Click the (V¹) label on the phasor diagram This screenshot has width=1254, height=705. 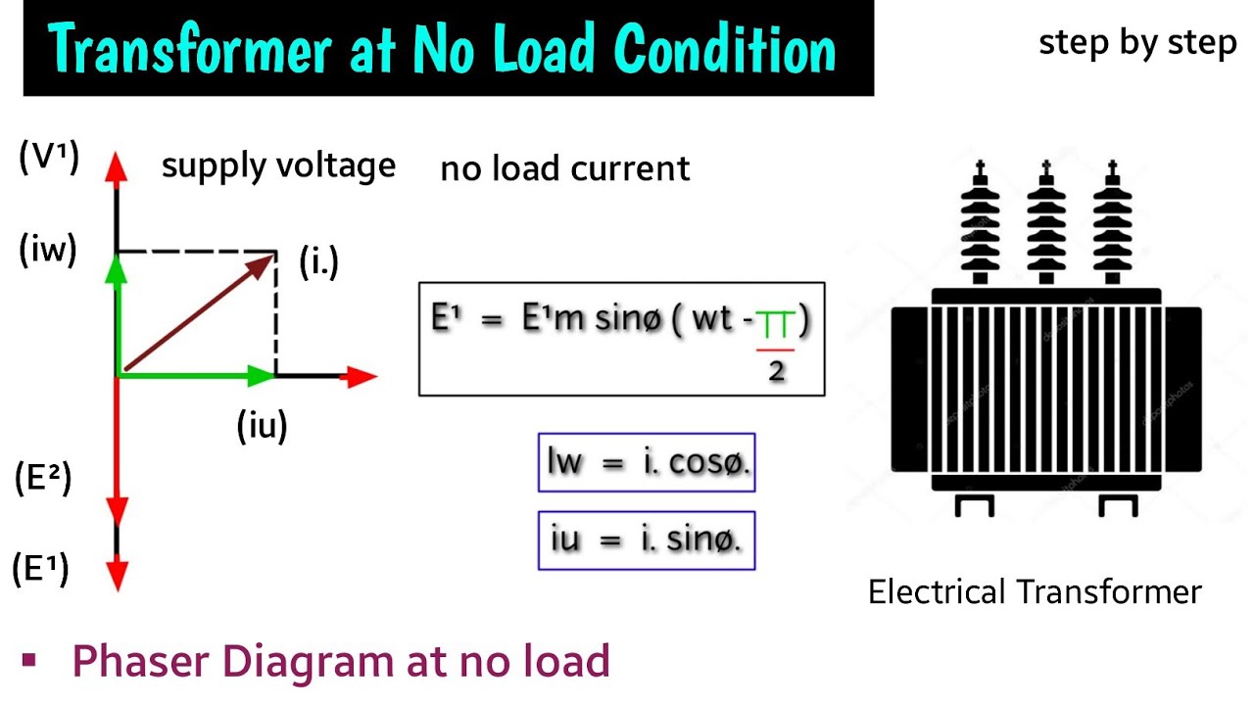(48, 158)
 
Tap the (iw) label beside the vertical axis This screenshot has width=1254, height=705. (48, 252)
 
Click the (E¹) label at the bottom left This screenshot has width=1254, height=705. (41, 568)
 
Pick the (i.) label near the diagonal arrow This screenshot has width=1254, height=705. (318, 262)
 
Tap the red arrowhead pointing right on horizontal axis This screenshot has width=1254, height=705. (362, 376)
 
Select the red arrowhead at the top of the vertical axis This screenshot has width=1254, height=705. (117, 165)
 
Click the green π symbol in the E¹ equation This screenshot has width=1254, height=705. (774, 323)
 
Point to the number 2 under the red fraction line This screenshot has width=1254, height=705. (777, 371)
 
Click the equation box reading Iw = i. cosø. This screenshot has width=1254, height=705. (647, 462)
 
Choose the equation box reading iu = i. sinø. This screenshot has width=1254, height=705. (647, 540)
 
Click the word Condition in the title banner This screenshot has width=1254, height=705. (726, 49)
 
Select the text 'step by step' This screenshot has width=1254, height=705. (1137, 44)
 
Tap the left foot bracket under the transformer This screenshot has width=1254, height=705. (975, 505)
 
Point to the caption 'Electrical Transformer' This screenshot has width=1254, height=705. (1035, 592)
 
